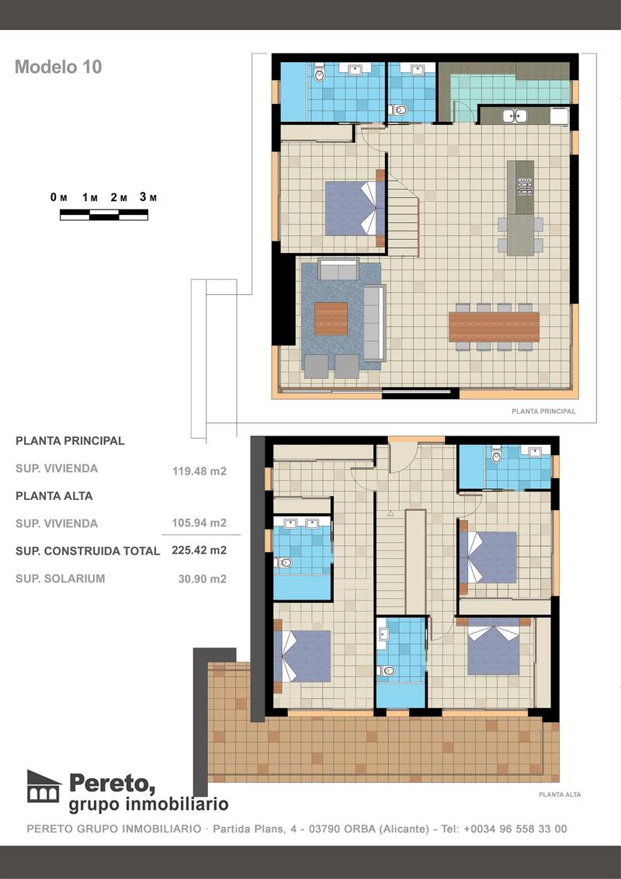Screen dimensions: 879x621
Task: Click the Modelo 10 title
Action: click(58, 67)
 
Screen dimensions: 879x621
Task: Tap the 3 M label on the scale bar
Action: click(148, 197)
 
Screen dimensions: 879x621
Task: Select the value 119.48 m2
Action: click(199, 471)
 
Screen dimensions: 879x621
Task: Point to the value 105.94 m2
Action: click(199, 523)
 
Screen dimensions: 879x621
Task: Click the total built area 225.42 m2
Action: click(199, 551)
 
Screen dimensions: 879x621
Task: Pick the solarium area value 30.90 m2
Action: click(199, 578)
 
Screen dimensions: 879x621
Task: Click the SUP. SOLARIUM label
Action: click(60, 578)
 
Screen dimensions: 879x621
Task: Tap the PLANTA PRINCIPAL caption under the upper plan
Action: click(543, 412)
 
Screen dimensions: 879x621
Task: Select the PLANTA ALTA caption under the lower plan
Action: click(560, 794)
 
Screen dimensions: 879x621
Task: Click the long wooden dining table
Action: click(494, 326)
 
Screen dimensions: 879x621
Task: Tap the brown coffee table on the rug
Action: click(331, 318)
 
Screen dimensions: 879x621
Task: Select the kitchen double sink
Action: click(514, 116)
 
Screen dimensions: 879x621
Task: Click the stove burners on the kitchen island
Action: click(525, 186)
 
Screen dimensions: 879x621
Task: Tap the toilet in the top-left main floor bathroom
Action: click(319, 75)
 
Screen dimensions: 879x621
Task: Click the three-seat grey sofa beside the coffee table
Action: click(373, 322)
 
